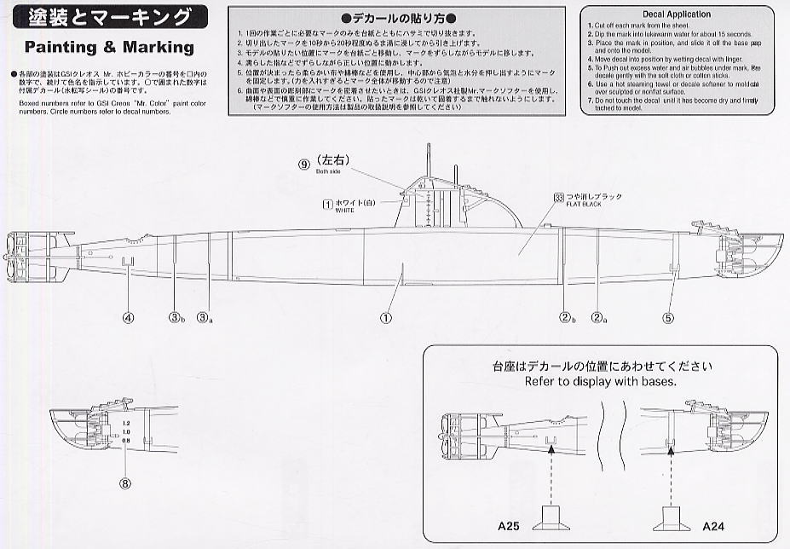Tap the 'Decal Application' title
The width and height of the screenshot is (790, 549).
tap(676, 14)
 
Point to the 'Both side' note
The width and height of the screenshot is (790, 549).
tap(328, 171)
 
